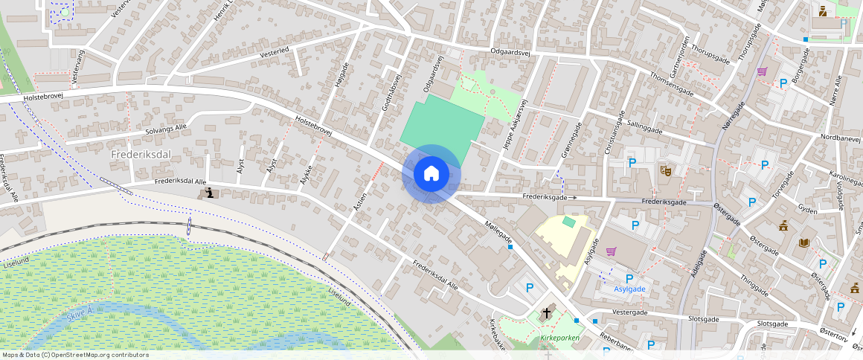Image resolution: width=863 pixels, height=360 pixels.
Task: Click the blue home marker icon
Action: coord(431,173)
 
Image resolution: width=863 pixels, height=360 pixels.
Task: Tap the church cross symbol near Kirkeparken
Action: coord(547,313)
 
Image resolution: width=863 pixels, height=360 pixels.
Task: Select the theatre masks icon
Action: coord(666,170)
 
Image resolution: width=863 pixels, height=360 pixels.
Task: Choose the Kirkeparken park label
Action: coord(560,337)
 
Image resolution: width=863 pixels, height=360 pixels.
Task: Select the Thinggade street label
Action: coord(754,286)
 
